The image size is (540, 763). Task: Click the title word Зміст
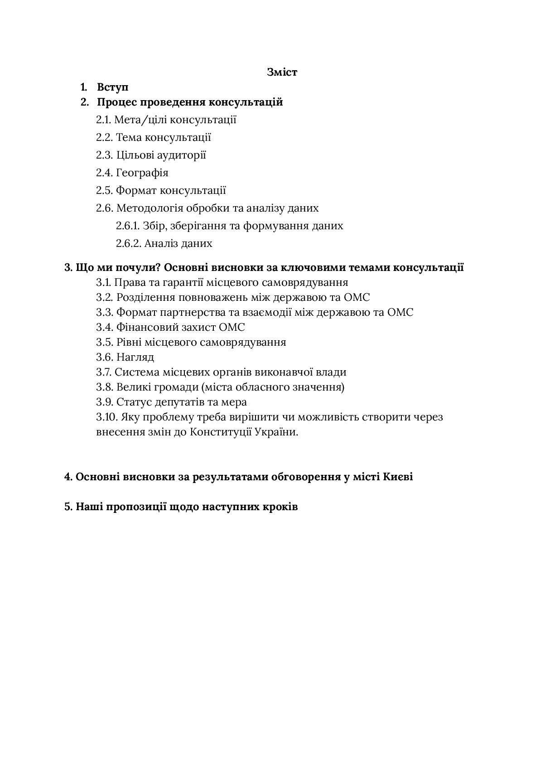click(282, 72)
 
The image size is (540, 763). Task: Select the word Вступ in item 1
click(113, 87)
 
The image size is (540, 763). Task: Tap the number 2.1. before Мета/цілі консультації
click(104, 120)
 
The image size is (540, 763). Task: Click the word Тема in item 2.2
click(129, 137)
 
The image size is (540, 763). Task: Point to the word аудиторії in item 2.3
click(181, 155)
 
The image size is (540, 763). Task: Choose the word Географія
click(142, 173)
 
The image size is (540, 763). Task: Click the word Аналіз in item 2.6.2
click(161, 243)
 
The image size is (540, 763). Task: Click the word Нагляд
click(135, 357)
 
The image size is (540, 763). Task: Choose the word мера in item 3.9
click(235, 402)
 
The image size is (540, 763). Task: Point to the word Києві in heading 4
click(398, 477)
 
